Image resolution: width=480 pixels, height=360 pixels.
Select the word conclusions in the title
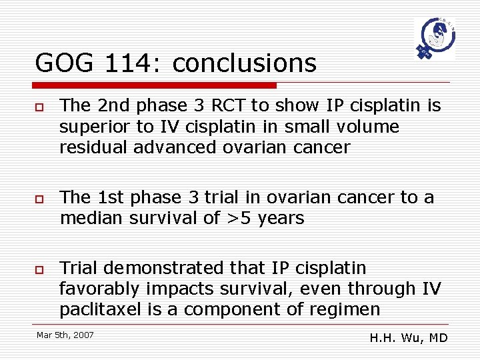(x=244, y=63)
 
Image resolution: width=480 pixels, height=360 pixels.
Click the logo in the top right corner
(x=434, y=39)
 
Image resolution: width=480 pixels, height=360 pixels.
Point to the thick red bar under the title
(x=155, y=85)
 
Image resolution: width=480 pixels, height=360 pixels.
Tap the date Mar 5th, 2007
(x=65, y=335)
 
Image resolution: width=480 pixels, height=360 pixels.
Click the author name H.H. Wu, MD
(x=408, y=338)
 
